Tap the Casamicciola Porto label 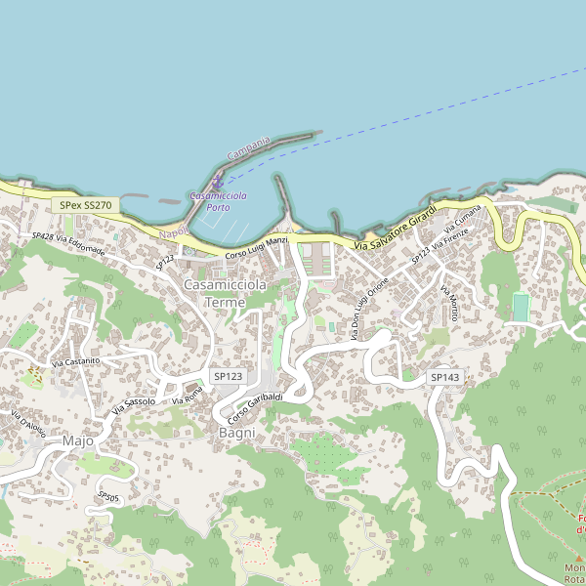(218, 201)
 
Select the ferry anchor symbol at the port (217, 184)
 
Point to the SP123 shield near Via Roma (228, 376)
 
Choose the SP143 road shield (444, 377)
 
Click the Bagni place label (236, 432)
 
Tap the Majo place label (77, 440)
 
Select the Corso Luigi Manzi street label (256, 247)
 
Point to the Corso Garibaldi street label (256, 408)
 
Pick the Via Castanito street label (76, 362)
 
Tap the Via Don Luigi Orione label (371, 308)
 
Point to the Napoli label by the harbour (173, 233)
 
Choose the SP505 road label (108, 497)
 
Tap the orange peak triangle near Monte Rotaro (577, 558)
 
